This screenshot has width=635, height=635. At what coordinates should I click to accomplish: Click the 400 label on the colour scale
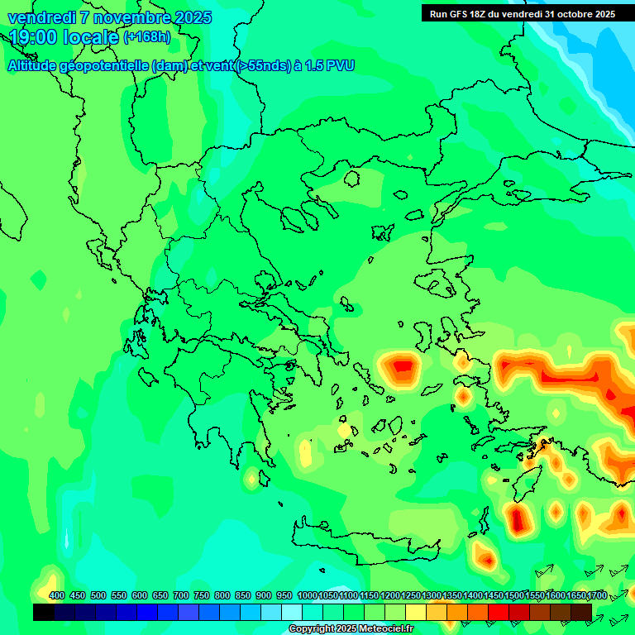(57, 595)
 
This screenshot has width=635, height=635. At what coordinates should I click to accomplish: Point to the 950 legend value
(284, 595)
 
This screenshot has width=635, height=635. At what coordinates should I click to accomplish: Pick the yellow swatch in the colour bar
(416, 612)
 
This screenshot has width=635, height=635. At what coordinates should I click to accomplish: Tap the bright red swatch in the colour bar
(499, 612)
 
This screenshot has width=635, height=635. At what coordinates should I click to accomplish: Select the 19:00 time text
(32, 37)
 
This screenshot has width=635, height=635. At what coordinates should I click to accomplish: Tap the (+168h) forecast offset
(147, 37)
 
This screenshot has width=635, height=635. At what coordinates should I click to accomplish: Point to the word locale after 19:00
(88, 37)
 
